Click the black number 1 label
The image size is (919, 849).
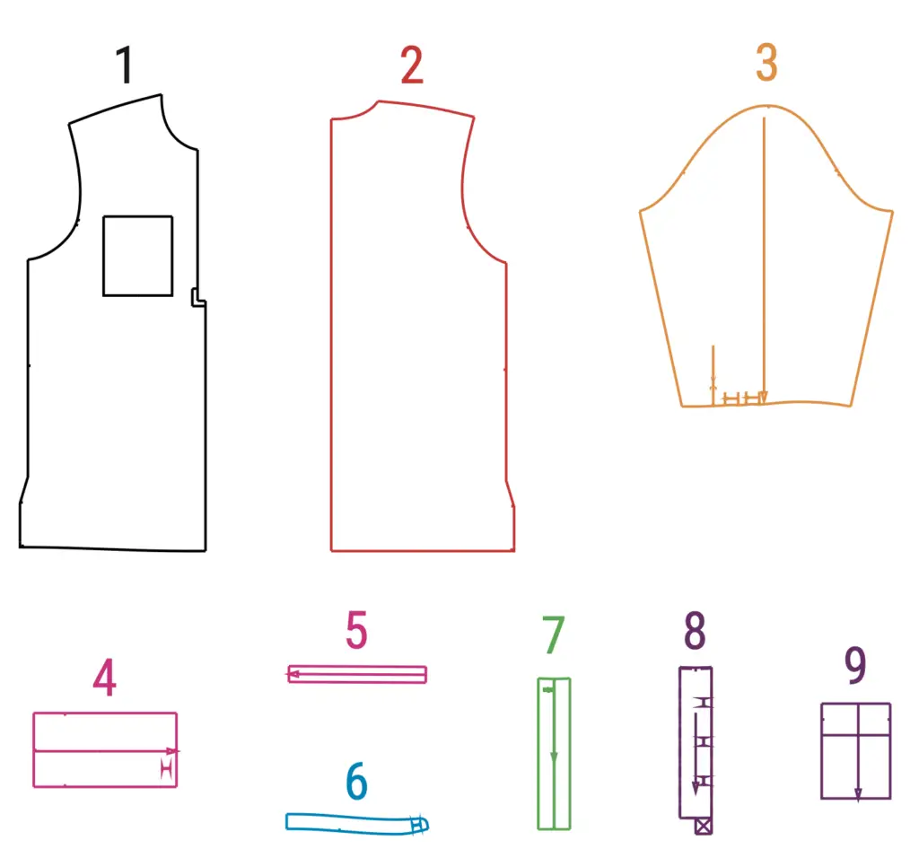[x=125, y=65]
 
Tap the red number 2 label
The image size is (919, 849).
[x=412, y=65]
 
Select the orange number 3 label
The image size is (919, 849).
[x=766, y=62]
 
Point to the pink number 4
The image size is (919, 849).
[x=104, y=678]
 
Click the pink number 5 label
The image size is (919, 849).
[x=356, y=630]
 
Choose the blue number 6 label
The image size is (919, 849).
[x=356, y=781]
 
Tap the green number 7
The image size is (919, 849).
[x=553, y=635]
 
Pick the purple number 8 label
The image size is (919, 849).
[x=695, y=630]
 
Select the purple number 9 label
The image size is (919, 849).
[x=855, y=665]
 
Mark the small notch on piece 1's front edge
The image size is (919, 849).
[x=198, y=297]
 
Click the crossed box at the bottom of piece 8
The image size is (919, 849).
[x=704, y=827]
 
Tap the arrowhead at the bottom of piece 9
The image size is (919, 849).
[x=858, y=794]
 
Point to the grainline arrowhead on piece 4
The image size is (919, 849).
[x=172, y=750]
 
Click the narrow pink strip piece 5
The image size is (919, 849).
[x=357, y=674]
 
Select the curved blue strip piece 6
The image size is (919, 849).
[x=357, y=823]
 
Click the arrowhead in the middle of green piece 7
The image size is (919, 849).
[x=554, y=758]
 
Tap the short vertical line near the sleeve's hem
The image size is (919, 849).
[x=713, y=375]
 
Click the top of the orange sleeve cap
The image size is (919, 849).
[x=767, y=106]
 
